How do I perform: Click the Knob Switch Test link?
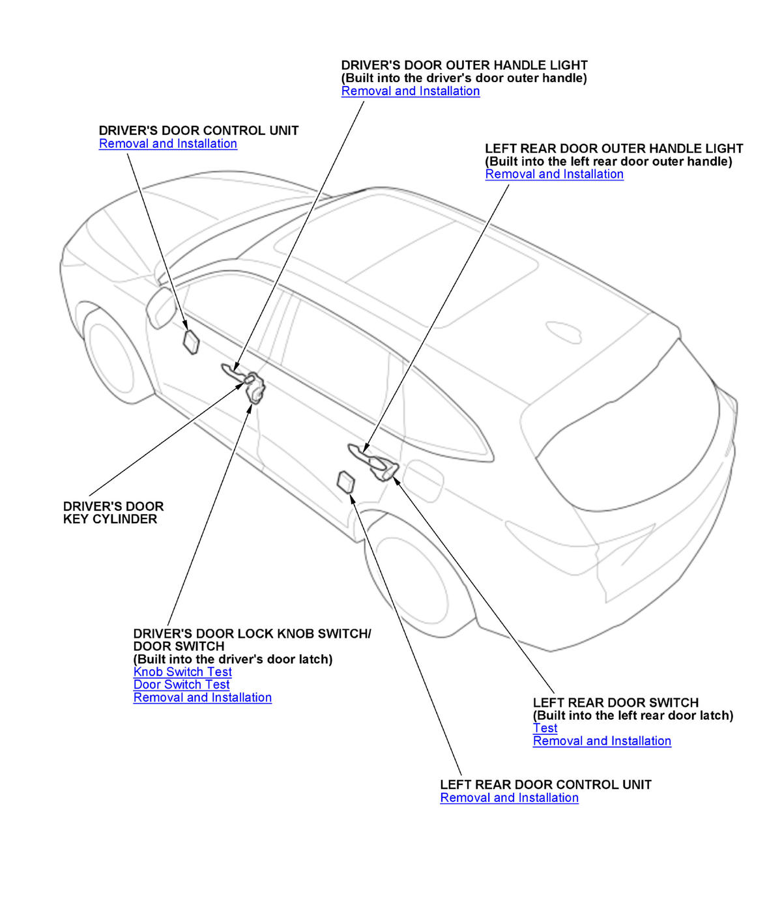[x=182, y=672]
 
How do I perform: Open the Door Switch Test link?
[x=181, y=685]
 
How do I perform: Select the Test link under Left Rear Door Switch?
[x=545, y=728]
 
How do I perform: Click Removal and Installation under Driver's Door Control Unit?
[x=167, y=143]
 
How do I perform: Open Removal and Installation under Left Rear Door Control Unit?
[x=509, y=798]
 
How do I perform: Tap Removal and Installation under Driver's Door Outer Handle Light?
[x=411, y=91]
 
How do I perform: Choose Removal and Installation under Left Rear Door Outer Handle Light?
[x=554, y=174]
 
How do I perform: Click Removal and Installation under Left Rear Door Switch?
[x=601, y=741]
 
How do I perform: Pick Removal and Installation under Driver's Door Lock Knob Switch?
[x=202, y=698]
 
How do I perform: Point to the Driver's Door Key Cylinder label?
[x=113, y=513]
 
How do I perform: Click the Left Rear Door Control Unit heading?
[x=545, y=784]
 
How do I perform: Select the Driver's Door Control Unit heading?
[x=199, y=130]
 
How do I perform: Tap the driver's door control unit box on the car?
[x=191, y=341]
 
